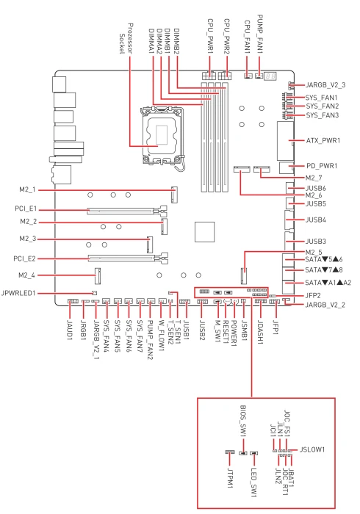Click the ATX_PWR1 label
click(323, 141)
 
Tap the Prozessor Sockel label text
click(126, 39)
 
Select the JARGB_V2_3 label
click(325, 85)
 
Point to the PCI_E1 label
click(26, 209)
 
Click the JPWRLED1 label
click(18, 293)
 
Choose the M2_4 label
click(26, 275)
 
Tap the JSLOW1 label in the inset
click(312, 449)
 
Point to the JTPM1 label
click(230, 477)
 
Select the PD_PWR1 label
click(322, 166)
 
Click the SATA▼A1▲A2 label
click(328, 283)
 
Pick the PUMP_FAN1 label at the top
click(259, 34)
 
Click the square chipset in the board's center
click(204, 232)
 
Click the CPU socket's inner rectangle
click(162, 134)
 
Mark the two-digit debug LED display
click(270, 76)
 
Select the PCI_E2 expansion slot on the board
click(128, 258)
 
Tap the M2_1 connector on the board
click(174, 195)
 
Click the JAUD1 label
click(70, 330)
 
